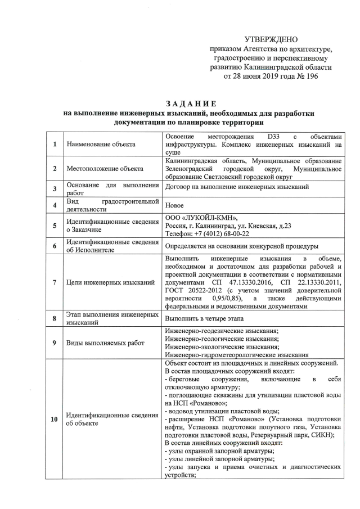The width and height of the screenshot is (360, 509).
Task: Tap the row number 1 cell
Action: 55,145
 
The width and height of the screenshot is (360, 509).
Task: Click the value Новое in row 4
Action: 175,206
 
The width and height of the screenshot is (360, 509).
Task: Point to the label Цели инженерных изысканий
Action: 110,282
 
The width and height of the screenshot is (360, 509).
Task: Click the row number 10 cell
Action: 55,418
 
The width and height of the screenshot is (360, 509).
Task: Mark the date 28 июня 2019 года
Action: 260,76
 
